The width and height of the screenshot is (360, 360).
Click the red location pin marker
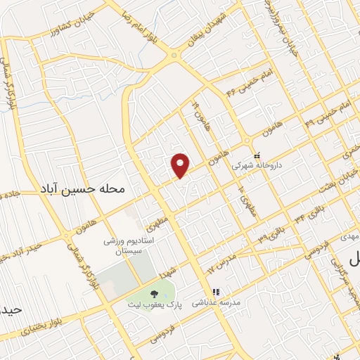[181, 165]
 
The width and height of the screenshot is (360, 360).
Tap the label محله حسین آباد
[83, 190]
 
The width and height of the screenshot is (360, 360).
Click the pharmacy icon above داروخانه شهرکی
[256, 155]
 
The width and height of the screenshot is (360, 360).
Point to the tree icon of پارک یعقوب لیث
[153, 294]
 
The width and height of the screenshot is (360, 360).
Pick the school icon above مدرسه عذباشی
[216, 291]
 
